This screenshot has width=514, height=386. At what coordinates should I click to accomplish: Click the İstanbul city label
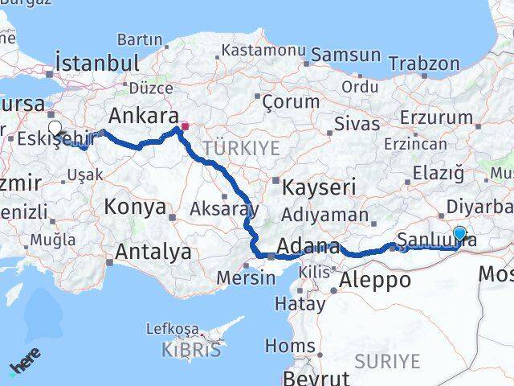coord(96,63)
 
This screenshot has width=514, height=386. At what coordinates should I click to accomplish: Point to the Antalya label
coord(153,252)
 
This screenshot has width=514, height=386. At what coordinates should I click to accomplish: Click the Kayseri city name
coord(319,188)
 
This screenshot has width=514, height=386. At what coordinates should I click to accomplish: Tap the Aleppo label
coord(375,280)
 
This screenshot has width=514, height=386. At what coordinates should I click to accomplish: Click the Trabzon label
coord(424,64)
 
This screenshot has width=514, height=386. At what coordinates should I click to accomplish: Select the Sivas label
coord(350,125)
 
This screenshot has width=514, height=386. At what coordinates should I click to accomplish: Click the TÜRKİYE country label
coord(241,148)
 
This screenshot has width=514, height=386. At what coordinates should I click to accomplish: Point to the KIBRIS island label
coord(191,350)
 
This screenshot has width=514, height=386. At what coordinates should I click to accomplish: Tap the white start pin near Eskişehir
coord(55,127)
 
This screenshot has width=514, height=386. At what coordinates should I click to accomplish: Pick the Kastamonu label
coord(263,50)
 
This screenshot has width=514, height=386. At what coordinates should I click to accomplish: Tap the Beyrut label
coord(318,378)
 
